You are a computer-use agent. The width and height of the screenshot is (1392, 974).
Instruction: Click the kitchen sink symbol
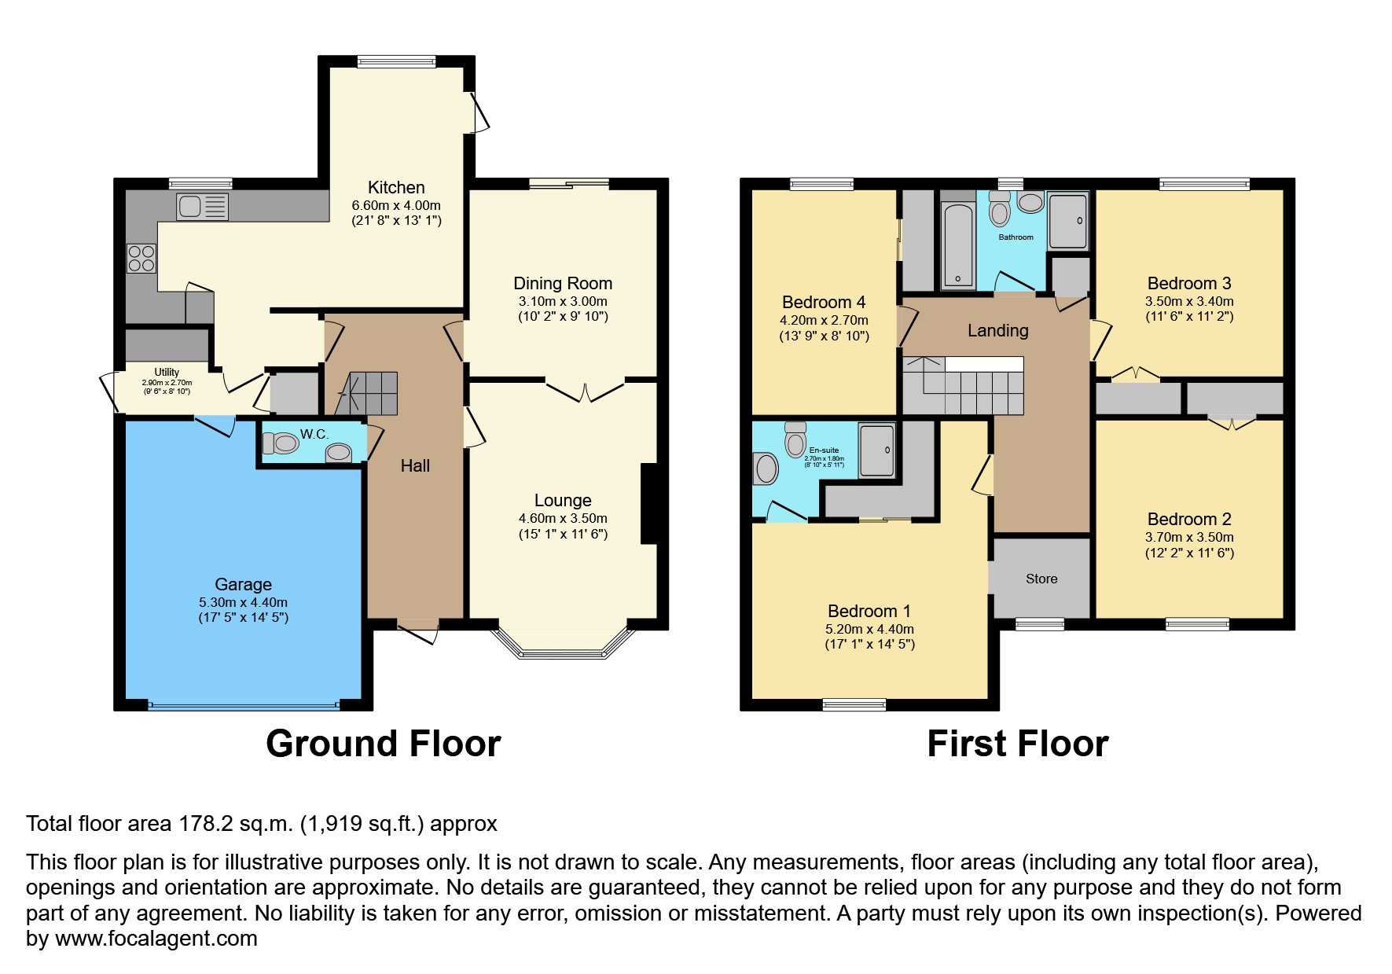coord(203,207)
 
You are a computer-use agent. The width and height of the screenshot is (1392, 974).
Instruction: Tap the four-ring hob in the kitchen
coord(141,259)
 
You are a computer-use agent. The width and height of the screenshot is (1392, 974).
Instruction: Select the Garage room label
coord(243,584)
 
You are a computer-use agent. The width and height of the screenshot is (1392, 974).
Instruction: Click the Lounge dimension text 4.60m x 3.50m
coord(563,519)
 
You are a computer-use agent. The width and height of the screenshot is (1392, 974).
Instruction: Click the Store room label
coord(1041,579)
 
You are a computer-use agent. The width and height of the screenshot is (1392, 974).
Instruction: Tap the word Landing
coord(997,330)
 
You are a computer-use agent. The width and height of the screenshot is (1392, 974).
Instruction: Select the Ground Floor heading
coord(383,744)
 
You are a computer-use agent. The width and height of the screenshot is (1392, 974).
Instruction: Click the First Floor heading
coord(1017,744)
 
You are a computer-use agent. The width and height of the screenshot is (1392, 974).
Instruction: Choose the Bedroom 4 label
coord(824,302)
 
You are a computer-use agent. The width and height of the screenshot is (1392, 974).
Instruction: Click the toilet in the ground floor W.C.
coord(281,444)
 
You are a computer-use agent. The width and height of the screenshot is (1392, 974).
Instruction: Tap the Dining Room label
coord(563,283)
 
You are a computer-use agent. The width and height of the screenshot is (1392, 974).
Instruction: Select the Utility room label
coord(167,372)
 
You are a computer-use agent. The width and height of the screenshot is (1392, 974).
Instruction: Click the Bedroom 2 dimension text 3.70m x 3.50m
coord(1189,538)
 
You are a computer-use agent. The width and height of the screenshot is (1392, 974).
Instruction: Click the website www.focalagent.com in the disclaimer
coord(156,939)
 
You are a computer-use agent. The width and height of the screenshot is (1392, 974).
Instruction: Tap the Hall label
coord(415,465)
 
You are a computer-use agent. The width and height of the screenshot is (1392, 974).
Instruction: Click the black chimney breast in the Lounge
coord(650,504)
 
